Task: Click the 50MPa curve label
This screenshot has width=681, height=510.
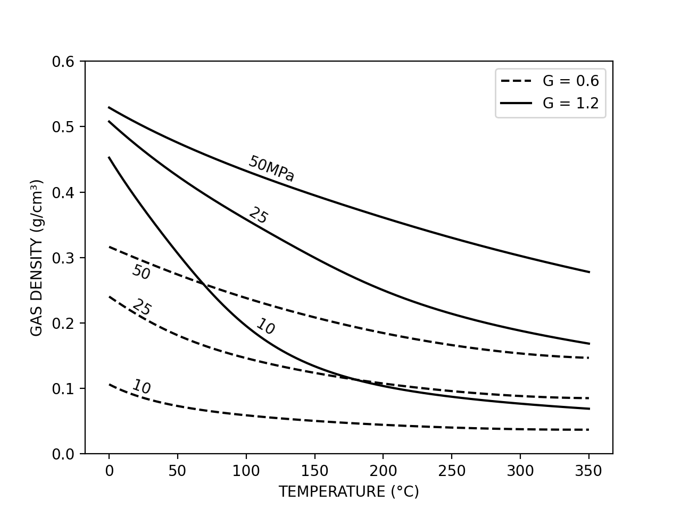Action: (x=271, y=169)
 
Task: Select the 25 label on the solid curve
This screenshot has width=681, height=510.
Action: (x=259, y=215)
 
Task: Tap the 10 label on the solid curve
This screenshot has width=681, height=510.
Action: (x=265, y=326)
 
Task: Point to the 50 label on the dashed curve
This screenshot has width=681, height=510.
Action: (x=141, y=272)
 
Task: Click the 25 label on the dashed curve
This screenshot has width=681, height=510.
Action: (x=142, y=307)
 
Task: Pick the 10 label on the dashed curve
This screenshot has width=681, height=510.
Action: (x=142, y=387)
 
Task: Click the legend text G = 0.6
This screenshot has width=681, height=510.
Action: (x=570, y=81)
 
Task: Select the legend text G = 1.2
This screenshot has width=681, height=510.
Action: (x=570, y=103)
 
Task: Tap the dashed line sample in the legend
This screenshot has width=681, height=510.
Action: (x=516, y=81)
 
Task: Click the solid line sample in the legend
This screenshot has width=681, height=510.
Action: (x=516, y=103)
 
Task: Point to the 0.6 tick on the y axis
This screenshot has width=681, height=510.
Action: (x=64, y=62)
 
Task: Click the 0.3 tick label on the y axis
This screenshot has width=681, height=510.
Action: (x=64, y=258)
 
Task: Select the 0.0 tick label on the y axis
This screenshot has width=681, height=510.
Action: (x=64, y=454)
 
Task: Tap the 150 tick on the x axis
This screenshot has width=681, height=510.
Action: (x=314, y=471)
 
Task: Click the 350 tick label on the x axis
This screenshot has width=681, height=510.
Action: (x=589, y=471)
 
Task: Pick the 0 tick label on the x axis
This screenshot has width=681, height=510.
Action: (x=109, y=471)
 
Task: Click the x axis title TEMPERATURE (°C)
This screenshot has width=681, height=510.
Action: (x=348, y=492)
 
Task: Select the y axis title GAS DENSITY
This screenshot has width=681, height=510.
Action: (x=36, y=258)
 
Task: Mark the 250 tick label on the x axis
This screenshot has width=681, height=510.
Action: (x=452, y=471)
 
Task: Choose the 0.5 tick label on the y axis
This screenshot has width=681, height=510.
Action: (x=64, y=127)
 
